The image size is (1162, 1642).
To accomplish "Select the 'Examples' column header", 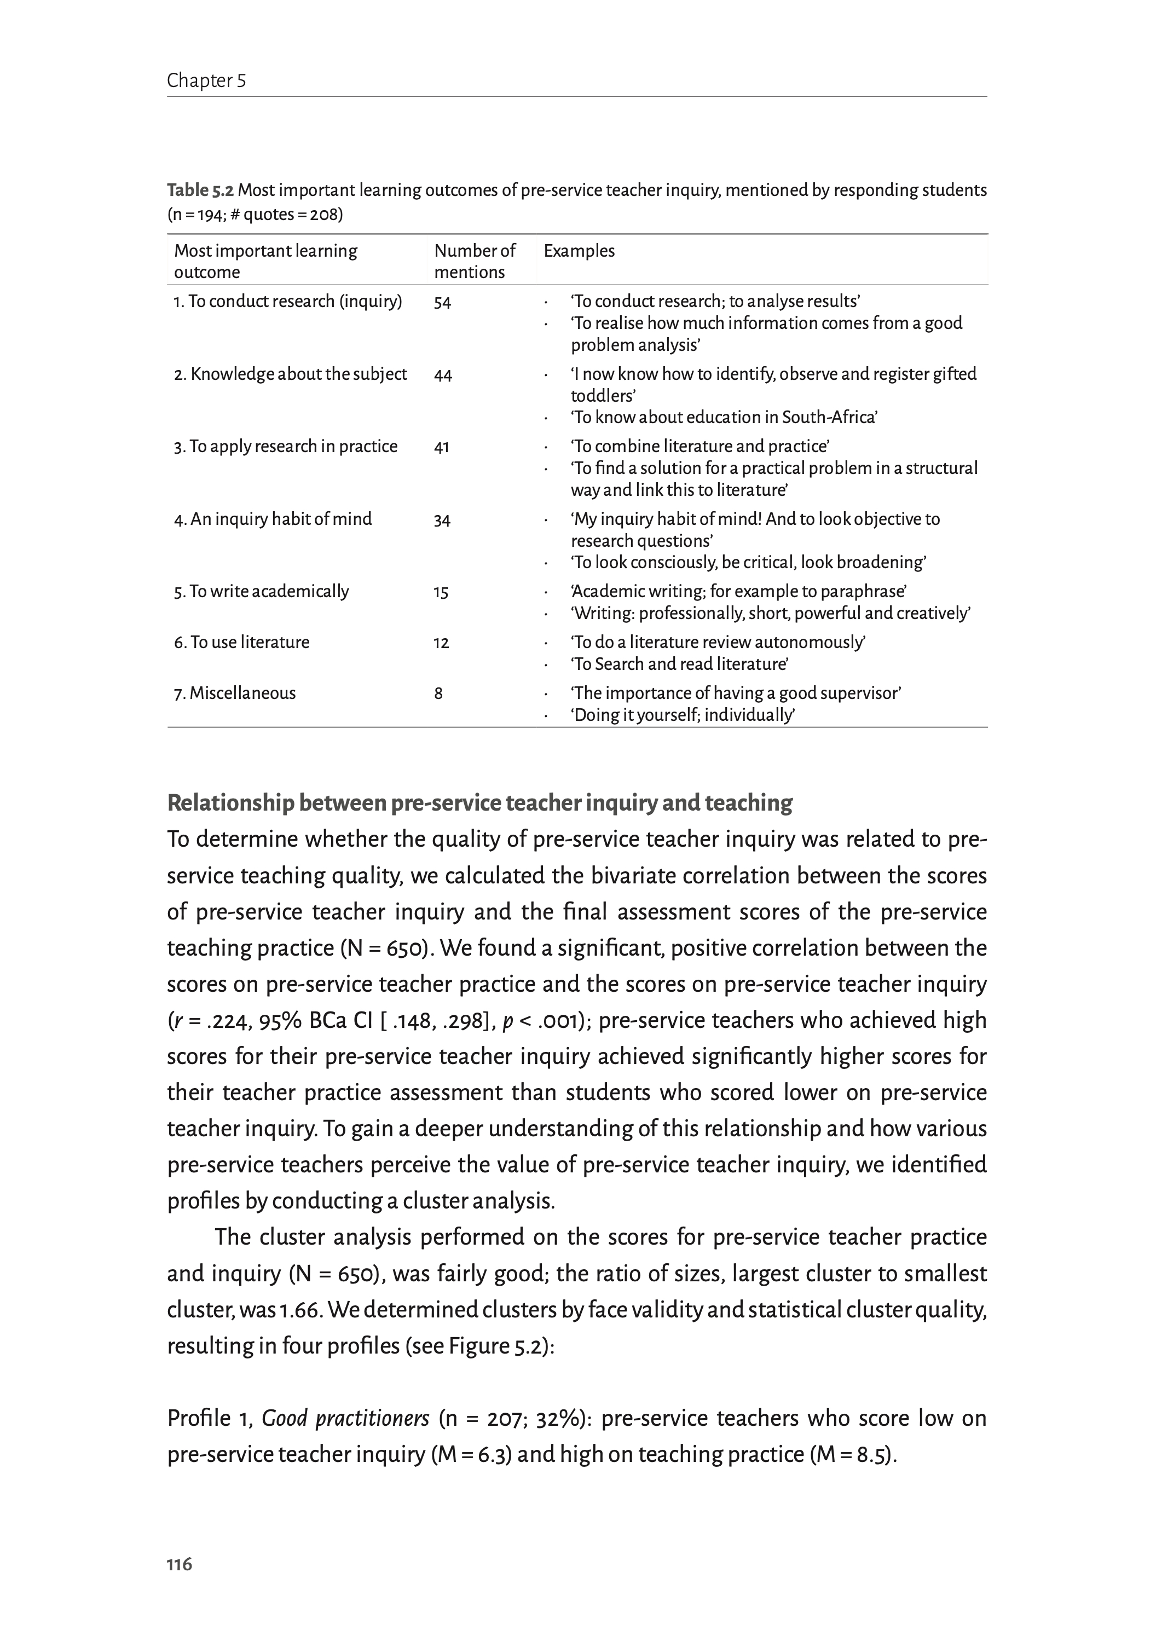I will [x=579, y=251].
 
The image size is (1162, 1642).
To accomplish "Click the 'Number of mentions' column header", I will [x=475, y=261].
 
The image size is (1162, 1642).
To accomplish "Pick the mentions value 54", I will [x=442, y=303].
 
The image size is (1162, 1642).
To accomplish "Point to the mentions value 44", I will [x=443, y=375].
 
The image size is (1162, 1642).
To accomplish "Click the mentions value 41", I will [x=442, y=447].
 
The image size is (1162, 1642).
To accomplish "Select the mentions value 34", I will [x=442, y=520].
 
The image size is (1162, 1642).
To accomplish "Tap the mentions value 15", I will [x=441, y=592].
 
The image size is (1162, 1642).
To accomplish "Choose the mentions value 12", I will [x=441, y=643].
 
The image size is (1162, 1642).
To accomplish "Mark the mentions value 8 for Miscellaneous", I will [x=438, y=693].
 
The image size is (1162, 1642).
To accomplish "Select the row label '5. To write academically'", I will [x=261, y=592].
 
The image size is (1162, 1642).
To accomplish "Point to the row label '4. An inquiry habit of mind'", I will [x=273, y=519].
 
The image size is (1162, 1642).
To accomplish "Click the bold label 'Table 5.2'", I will [x=200, y=190].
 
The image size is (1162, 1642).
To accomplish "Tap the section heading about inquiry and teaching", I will [x=479, y=803].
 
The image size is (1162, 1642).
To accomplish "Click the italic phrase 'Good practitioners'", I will [x=345, y=1419].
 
